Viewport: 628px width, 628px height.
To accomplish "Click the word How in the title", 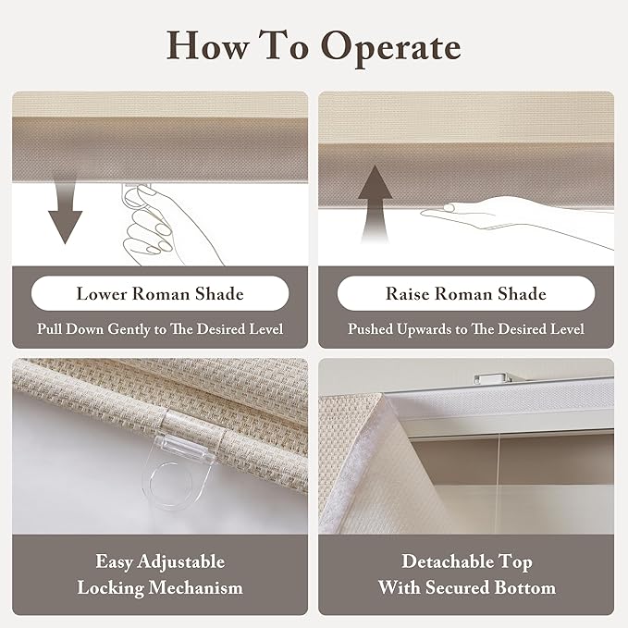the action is tap(207, 45).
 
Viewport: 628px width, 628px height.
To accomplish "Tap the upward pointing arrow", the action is tap(375, 203).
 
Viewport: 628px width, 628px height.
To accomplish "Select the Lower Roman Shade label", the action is tap(160, 293).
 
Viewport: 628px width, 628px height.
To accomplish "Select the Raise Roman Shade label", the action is tap(466, 293).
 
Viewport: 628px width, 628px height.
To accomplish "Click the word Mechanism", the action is tap(195, 588).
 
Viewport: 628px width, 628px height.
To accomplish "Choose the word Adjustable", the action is tap(180, 562).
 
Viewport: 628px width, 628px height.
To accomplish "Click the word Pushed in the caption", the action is tap(370, 329).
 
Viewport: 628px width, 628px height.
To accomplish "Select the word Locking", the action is tap(111, 588).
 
